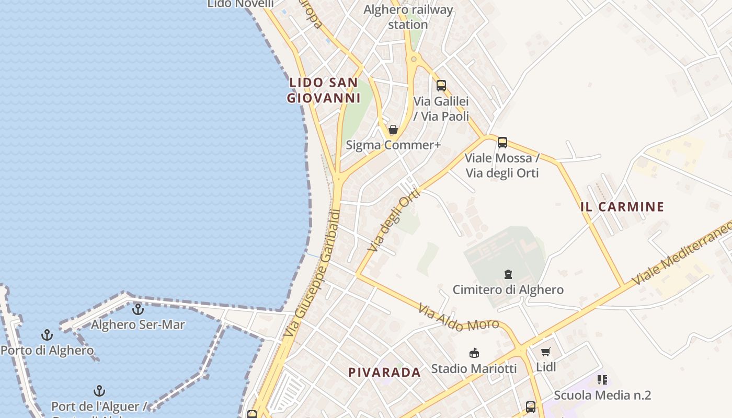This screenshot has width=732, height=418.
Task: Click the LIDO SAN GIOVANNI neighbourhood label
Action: click(324, 90)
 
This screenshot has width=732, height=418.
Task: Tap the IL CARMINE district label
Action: click(622, 207)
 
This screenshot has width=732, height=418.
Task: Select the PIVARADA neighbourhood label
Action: click(385, 373)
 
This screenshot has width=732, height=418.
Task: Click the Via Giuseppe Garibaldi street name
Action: click(312, 273)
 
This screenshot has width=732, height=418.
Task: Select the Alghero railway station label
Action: click(408, 17)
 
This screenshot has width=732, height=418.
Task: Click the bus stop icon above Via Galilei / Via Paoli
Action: click(441, 86)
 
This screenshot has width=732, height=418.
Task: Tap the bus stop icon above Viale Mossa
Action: click(502, 142)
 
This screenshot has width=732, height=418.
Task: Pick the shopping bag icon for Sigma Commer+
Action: click(393, 130)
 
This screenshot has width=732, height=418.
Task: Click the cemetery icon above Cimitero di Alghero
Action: click(508, 274)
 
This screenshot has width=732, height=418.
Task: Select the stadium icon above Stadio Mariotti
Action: click(474, 353)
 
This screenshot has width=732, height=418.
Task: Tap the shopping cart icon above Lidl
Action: click(546, 352)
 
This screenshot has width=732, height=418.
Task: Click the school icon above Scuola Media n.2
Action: click(602, 380)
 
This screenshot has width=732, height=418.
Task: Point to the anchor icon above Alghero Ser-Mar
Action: click(138, 309)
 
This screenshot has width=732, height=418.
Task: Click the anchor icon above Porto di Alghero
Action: click(48, 335)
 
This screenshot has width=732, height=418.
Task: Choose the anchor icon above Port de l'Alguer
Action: click(99, 391)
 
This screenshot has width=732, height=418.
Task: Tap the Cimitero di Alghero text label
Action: click(508, 289)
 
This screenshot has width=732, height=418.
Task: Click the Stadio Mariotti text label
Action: click(474, 369)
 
